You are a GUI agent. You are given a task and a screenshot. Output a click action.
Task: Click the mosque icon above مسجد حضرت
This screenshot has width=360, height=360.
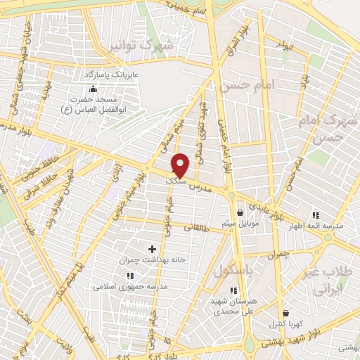coord(93,89)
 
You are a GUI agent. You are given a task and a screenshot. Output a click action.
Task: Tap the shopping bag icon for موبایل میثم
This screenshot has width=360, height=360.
coord(240,212)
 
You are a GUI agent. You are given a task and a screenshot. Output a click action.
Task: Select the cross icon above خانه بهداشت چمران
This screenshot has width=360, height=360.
coord(152,249)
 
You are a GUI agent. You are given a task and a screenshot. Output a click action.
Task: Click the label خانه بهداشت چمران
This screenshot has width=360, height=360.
coord(152,259)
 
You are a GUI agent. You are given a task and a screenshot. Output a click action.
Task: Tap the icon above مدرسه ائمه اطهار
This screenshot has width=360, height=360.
coord(316,214)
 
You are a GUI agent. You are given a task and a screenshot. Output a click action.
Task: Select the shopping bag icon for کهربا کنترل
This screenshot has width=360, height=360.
coord(285,314)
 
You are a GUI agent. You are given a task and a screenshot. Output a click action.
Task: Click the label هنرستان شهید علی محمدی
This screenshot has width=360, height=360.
coord(233,304)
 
